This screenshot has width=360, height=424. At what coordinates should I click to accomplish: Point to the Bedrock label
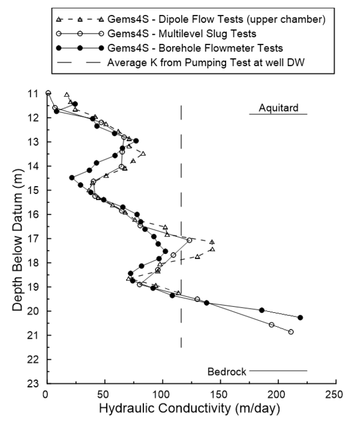click(227, 371)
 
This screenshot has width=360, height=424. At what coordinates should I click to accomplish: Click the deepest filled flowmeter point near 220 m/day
click(300, 317)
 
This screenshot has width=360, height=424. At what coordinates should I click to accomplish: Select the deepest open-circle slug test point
click(291, 332)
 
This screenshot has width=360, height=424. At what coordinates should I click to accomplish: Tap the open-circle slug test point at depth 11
click(48, 93)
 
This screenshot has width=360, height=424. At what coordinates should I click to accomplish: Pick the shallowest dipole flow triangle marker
click(67, 94)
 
